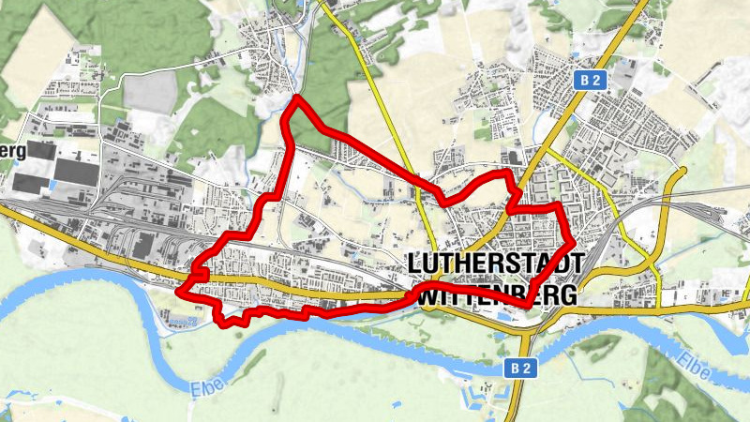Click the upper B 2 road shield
pyautogui.click(x=588, y=82)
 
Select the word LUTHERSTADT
pyautogui.click(x=495, y=264)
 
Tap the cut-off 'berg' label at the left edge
pyautogui.click(x=11, y=151)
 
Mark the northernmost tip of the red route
pyautogui.click(x=296, y=98)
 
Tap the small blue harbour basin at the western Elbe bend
pyautogui.click(x=184, y=321)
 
